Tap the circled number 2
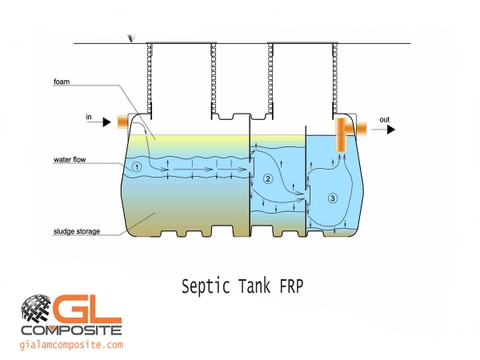268,179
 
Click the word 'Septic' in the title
202,286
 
